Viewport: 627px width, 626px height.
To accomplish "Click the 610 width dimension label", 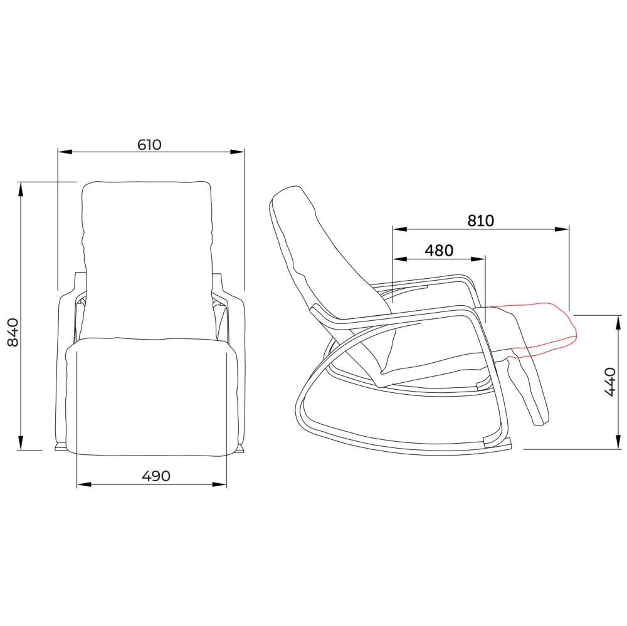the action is tap(149, 144).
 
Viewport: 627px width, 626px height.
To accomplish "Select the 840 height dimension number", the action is tap(13, 331).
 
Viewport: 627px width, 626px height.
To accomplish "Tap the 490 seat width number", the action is tap(156, 476).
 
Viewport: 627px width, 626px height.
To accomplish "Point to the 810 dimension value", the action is tap(481, 221).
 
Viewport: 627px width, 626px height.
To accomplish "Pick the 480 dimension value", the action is tap(439, 250).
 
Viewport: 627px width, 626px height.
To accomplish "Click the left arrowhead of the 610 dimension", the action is tap(65, 152).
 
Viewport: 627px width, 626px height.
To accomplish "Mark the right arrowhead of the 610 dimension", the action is tap(237, 152).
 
